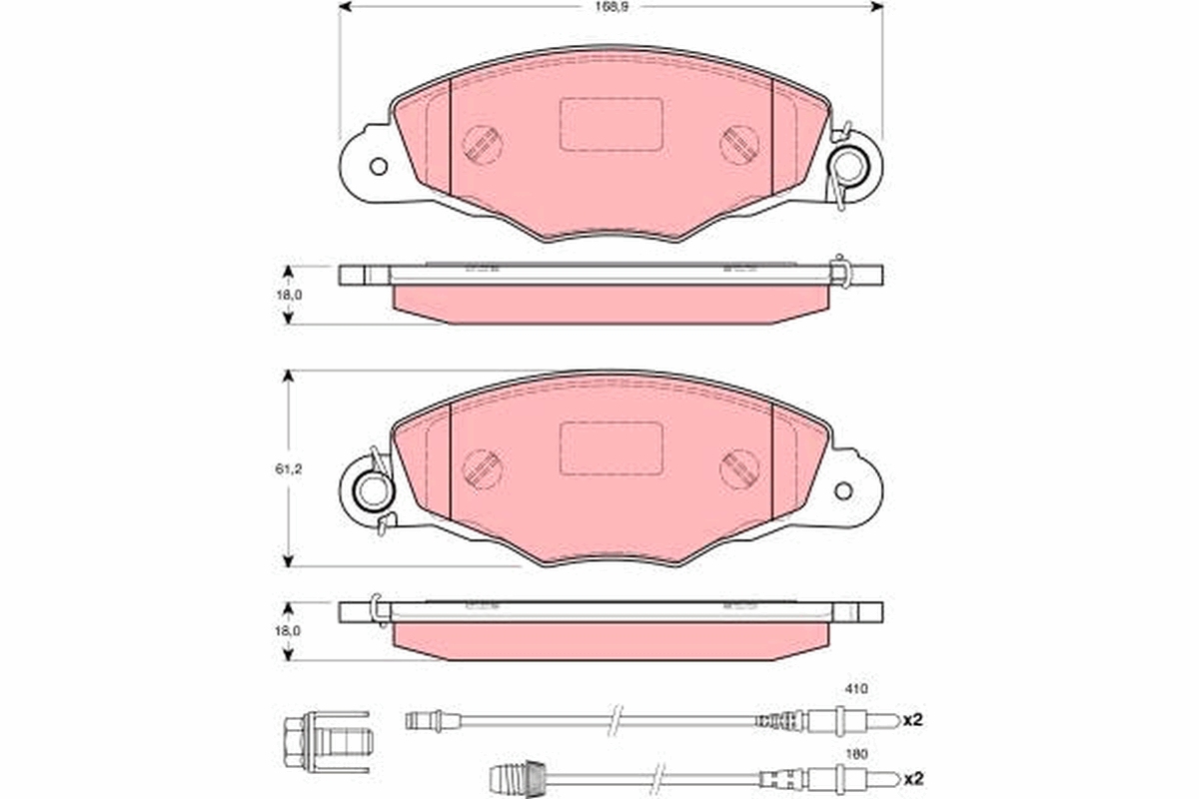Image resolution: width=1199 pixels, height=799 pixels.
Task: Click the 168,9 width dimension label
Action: click(x=611, y=7)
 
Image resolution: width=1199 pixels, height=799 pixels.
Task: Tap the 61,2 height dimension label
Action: click(x=289, y=468)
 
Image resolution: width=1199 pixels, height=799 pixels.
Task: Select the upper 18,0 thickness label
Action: click(x=289, y=295)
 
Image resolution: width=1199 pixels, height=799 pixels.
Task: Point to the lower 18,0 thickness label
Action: click(x=288, y=630)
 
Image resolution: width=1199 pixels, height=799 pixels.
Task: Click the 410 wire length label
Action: click(x=856, y=689)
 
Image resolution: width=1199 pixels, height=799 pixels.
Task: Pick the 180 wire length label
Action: click(x=856, y=754)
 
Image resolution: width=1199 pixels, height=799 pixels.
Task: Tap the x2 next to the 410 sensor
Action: click(x=913, y=720)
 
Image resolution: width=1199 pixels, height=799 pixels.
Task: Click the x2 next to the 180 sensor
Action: click(x=913, y=778)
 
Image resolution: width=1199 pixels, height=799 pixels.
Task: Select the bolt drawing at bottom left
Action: click(x=326, y=741)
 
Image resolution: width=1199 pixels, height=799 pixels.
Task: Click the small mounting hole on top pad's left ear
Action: click(x=379, y=167)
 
